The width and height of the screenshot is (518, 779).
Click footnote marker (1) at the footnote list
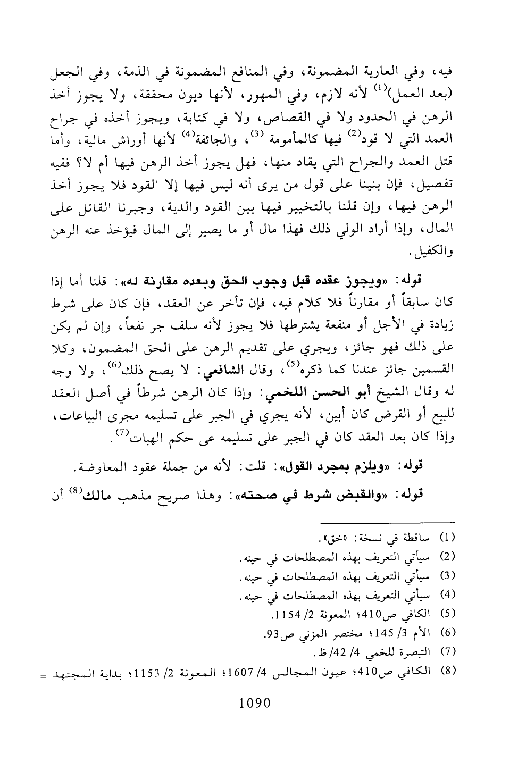pos(449,535)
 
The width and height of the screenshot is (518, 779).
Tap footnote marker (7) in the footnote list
pos(449,650)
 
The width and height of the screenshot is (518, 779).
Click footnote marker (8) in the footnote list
pos(449,669)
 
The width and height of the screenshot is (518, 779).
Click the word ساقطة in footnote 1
pos(423,535)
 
